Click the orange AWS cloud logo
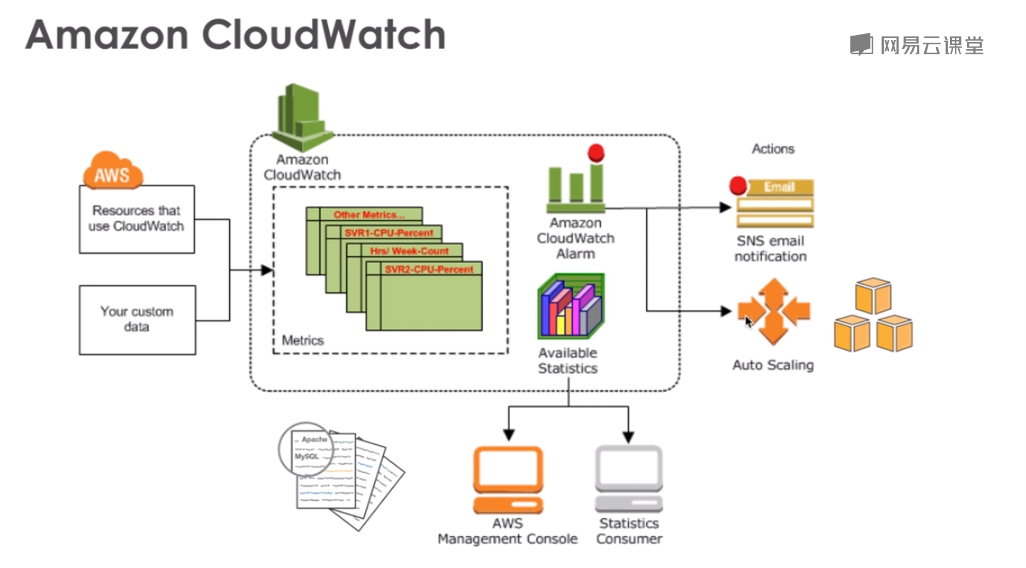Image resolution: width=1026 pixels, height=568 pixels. pos(113,171)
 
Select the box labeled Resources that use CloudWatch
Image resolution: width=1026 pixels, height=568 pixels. pos(136,219)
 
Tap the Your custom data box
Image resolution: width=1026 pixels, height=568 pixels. pos(137,320)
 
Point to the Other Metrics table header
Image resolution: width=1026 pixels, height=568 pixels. pos(369,215)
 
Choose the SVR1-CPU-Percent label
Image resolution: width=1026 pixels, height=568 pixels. pos(389,233)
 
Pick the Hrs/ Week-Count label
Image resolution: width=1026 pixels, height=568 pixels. pos(409,251)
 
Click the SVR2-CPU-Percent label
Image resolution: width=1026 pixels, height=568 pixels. pos(428,269)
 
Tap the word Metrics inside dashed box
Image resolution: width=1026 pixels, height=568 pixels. pos(303,340)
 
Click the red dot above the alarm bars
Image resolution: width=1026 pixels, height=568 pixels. pos(596,153)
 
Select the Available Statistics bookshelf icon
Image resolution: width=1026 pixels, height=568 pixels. pos(571,307)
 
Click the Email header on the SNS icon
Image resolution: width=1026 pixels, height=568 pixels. pos(779,187)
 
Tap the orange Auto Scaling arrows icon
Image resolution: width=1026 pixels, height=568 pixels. pos(773,311)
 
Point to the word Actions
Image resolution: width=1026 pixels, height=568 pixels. pos(773,149)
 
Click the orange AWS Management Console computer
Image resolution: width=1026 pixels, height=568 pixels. pos(508,478)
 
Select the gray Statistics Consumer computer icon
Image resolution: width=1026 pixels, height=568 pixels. pos(629,478)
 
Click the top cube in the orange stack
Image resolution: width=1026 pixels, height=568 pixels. pos(873,295)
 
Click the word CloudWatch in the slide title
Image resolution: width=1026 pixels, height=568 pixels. pos(323,34)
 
